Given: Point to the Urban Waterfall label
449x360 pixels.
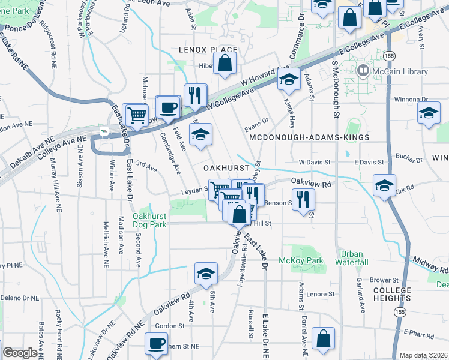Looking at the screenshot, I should (351, 258).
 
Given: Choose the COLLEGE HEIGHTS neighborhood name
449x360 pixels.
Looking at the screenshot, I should (393, 295).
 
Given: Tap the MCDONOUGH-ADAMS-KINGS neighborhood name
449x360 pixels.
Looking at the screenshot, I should (309, 137).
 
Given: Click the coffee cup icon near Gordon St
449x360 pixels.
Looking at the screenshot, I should (157, 344).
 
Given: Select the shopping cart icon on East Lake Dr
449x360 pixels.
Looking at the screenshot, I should (137, 114).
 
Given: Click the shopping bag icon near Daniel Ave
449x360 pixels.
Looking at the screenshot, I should (324, 339).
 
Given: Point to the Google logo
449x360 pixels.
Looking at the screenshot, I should (20, 353).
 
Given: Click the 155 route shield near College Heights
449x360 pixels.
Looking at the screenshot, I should (399, 311).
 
